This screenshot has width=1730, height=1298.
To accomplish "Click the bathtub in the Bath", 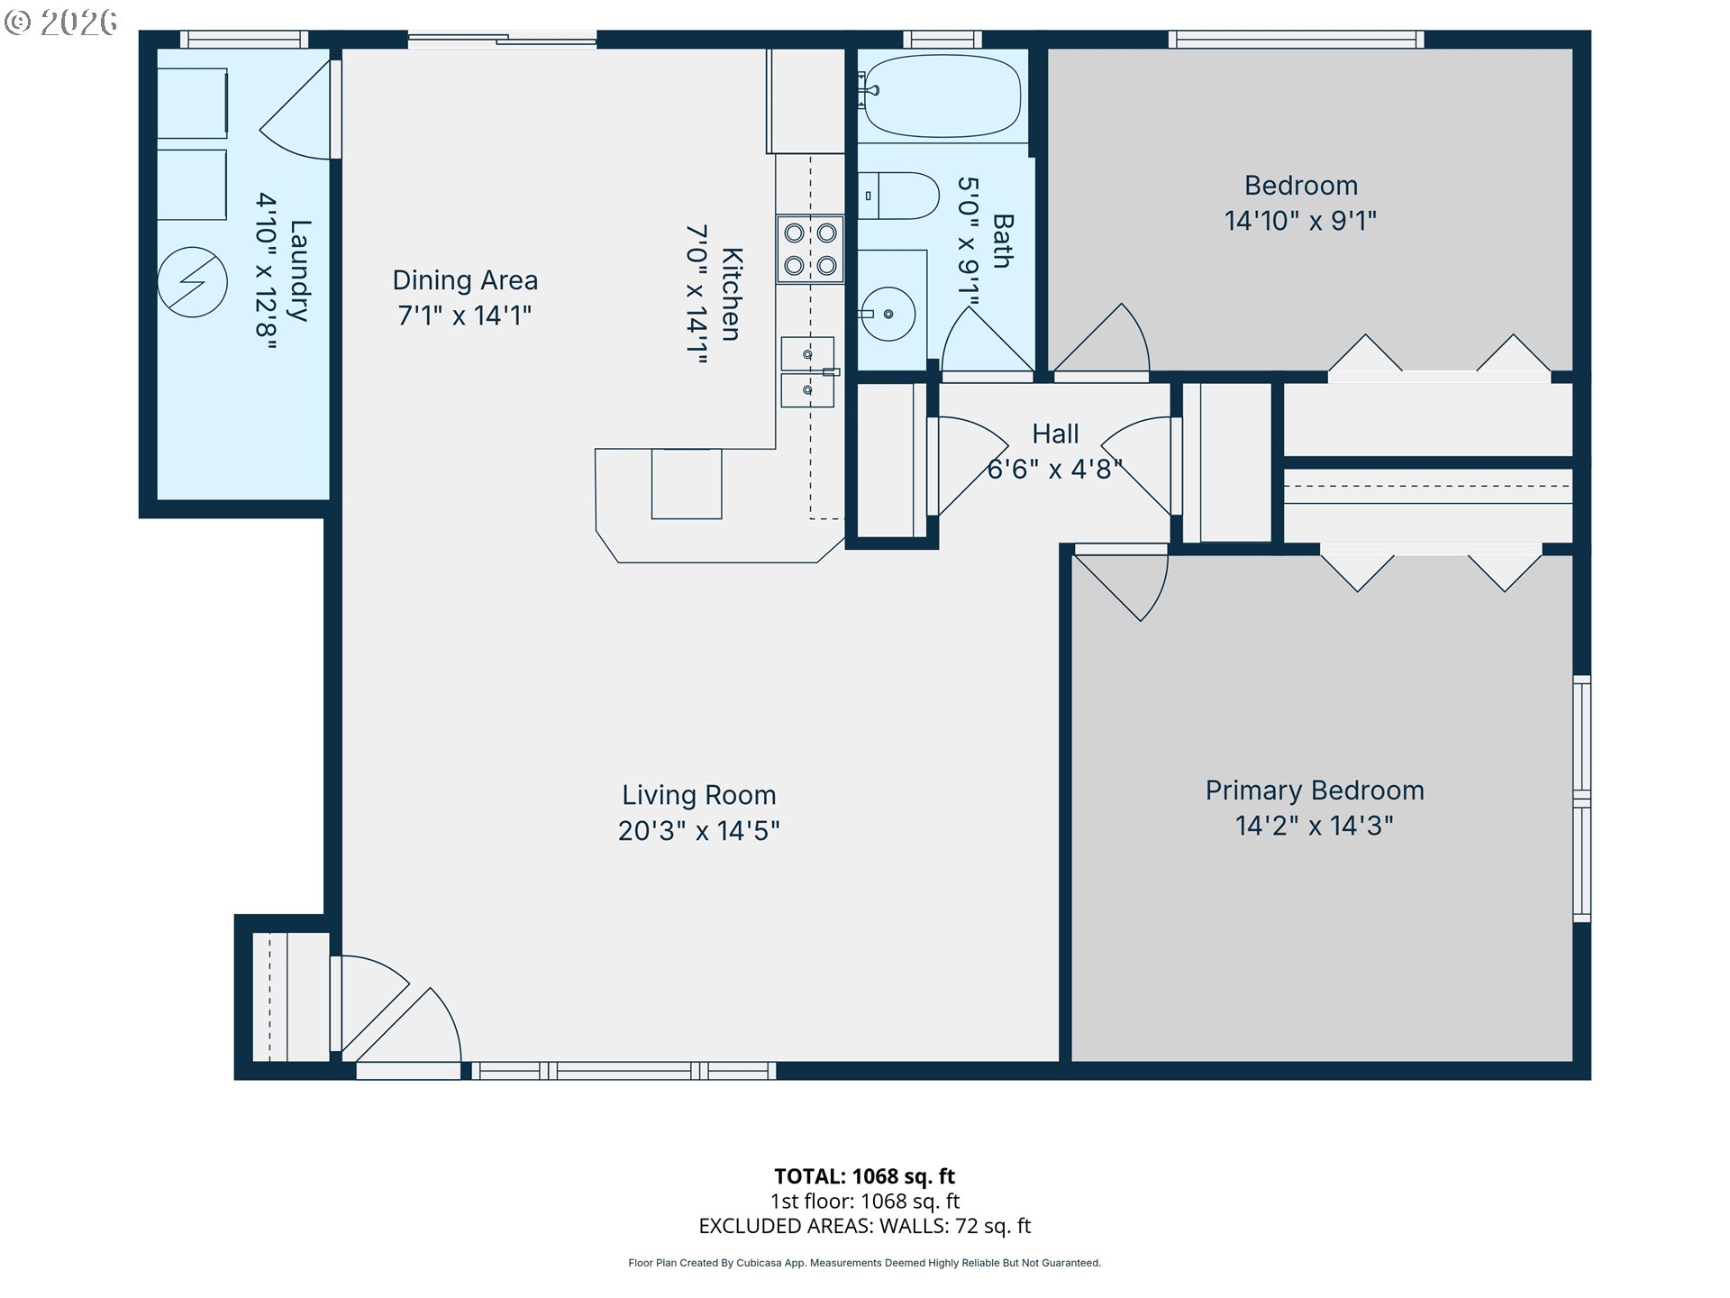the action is pos(942,96).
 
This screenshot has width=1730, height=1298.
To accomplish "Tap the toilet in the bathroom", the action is pos(898,196).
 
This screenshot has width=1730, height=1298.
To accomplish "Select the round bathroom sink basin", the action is pos(888,314).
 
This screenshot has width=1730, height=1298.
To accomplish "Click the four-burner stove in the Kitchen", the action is pos(810,249).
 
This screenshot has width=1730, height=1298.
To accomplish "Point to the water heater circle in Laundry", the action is pos(192,282).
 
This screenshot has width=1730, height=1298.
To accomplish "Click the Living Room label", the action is pos(699,795).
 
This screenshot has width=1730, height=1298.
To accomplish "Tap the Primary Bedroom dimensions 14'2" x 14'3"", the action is pos(1315,826).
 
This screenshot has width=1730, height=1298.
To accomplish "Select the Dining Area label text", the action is pos(465,280).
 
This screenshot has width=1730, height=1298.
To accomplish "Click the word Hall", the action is pos(1055,434).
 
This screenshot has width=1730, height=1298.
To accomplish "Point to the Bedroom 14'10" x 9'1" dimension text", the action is pos(1300,221).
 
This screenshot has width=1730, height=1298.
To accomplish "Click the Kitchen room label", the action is pos(732,294).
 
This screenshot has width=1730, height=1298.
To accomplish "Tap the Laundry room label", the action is pos(299,270).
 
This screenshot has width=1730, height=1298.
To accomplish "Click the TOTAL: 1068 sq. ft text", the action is pos(865,1176).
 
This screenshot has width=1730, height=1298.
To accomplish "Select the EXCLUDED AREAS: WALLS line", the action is pos(865,1226).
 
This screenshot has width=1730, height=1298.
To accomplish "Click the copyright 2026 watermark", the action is pos(61,22).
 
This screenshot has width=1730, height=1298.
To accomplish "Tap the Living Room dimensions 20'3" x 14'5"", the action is pos(699,831).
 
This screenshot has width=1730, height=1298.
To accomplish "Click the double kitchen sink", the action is pos(807,372).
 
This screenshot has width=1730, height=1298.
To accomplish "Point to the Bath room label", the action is pos(1003,241).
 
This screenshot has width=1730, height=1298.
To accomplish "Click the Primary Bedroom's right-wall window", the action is pos(1582,799).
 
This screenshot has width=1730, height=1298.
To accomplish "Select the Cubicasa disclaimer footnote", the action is pos(865,1263).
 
